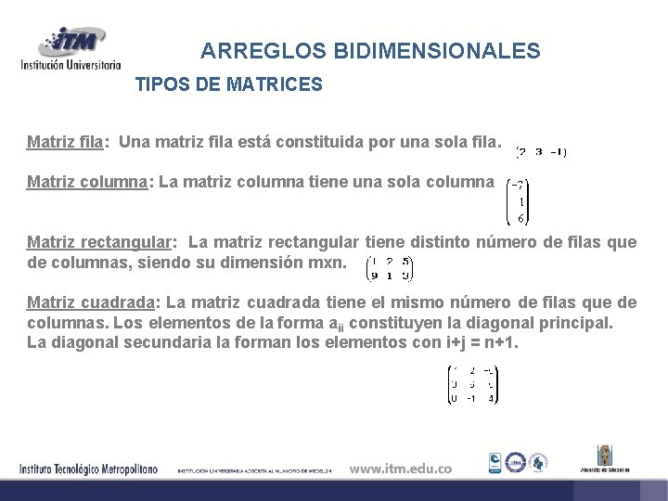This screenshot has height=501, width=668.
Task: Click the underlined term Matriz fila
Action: pyautogui.click(x=64, y=143)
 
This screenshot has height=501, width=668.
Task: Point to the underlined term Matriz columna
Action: pyautogui.click(x=88, y=182)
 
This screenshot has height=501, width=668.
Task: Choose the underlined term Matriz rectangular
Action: pyautogui.click(x=99, y=243)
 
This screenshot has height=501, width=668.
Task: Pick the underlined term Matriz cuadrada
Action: pyautogui.click(x=91, y=302)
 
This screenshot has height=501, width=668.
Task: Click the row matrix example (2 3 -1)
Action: pyautogui.click(x=542, y=151)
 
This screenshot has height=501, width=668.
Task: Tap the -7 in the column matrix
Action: pyautogui.click(x=520, y=184)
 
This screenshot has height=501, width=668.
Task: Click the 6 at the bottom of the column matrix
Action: pyautogui.click(x=521, y=219)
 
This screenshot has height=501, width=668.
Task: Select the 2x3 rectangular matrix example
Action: pyautogui.click(x=390, y=267)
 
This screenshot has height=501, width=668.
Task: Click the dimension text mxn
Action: pyautogui.click(x=327, y=263)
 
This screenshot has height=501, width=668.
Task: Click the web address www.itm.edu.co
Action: pyautogui.click(x=400, y=469)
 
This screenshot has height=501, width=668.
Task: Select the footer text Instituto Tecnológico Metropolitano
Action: pyautogui.click(x=89, y=469)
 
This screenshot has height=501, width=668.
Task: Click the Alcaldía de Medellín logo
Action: pyautogui.click(x=605, y=460)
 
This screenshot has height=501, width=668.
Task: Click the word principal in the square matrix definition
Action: pyautogui.click(x=574, y=323)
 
